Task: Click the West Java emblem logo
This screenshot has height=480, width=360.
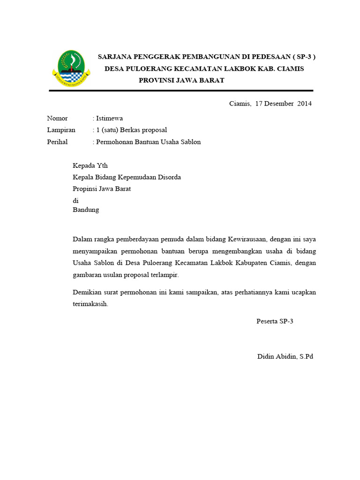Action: click(x=70, y=69)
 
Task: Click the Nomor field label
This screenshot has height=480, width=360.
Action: click(x=57, y=118)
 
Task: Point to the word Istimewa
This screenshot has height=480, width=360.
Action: click(x=109, y=118)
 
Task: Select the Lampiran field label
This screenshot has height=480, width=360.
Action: click(x=61, y=130)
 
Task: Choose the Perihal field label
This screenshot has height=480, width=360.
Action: click(x=57, y=142)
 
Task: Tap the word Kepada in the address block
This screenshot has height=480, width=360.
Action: click(x=84, y=165)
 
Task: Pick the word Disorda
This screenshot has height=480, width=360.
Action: click(x=169, y=177)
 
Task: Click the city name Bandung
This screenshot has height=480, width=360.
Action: click(x=86, y=210)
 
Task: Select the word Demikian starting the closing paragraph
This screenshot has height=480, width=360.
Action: click(x=88, y=292)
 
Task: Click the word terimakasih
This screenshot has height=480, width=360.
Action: click(x=90, y=304)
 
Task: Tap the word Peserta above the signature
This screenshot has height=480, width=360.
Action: click(x=267, y=321)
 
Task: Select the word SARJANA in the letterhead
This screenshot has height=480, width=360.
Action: click(x=114, y=57)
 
